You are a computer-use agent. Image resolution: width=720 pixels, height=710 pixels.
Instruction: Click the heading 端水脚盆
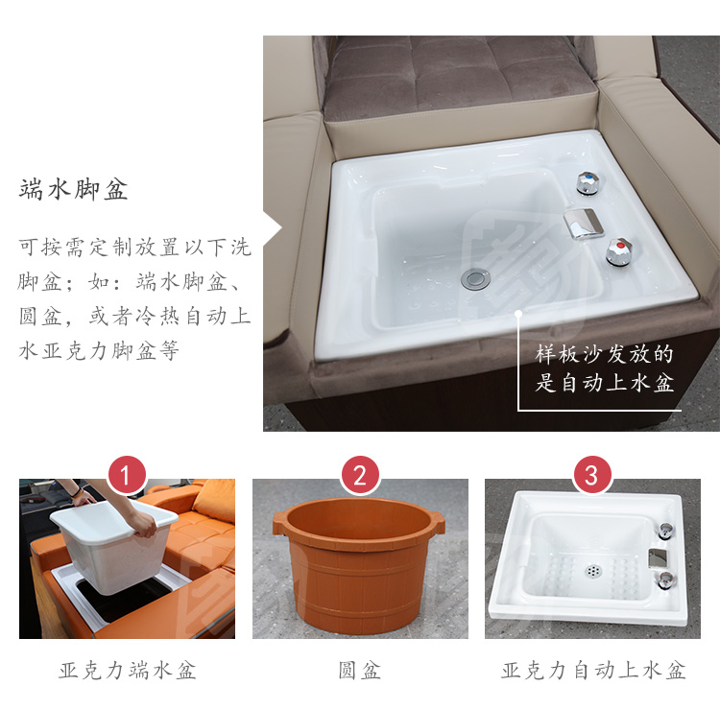click(x=73, y=190)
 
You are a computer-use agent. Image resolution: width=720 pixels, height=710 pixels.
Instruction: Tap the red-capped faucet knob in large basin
click(x=618, y=251)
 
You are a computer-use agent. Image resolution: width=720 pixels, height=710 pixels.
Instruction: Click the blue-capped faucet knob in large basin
click(x=588, y=182)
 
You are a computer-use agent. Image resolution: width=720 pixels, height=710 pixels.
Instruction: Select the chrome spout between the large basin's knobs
click(x=583, y=223)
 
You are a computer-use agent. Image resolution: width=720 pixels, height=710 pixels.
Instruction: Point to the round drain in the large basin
click(x=475, y=279)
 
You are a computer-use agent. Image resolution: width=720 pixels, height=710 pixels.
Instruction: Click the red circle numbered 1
click(x=127, y=475)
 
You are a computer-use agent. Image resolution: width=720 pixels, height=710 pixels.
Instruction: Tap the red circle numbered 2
click(x=360, y=475)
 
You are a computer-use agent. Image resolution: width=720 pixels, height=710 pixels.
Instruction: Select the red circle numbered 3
click(x=592, y=475)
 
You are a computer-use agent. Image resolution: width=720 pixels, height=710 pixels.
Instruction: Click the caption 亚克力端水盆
click(x=127, y=670)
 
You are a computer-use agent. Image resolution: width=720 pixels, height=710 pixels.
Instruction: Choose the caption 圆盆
click(x=360, y=670)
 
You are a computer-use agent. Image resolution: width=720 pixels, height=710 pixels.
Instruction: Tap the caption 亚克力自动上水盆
click(x=593, y=670)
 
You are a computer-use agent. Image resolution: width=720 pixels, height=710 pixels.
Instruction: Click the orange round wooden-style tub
click(x=359, y=565)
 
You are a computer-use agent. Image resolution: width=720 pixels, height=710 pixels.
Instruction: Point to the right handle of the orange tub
click(x=438, y=522)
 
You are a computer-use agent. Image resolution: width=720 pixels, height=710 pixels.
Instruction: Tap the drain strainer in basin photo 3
click(x=593, y=571)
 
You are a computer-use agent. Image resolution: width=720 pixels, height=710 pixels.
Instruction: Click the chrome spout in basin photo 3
click(x=657, y=557)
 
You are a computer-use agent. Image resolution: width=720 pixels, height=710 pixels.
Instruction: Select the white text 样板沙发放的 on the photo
click(x=604, y=354)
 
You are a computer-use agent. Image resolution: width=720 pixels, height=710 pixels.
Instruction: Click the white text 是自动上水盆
click(x=604, y=383)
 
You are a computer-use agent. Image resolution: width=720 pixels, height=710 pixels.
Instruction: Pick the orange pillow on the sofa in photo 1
click(x=215, y=501)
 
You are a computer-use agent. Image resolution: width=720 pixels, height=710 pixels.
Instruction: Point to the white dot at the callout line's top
click(x=518, y=314)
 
